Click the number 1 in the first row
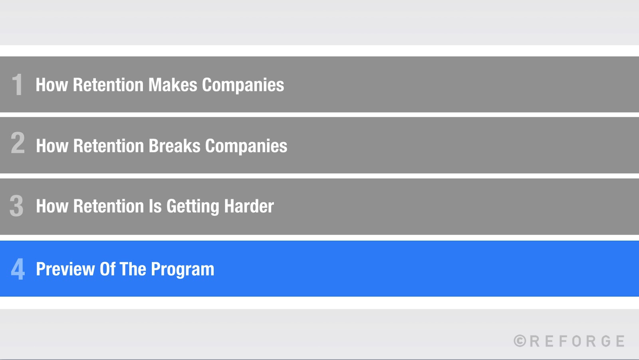pos(17,85)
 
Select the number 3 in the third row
pos(17,206)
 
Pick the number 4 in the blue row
pos(18,269)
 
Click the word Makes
pos(173,85)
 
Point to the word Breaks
pos(175,146)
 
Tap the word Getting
pos(193,207)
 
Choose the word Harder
pos(249,206)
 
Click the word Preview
pos(65,269)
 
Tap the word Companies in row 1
pos(243,85)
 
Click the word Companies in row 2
pos(246,146)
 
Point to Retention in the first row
pos(108,85)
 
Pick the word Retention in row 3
pos(109,206)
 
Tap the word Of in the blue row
pos(107,269)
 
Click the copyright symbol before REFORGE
pos(520,341)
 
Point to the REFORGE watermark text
pos(577,341)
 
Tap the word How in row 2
pos(52,146)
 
